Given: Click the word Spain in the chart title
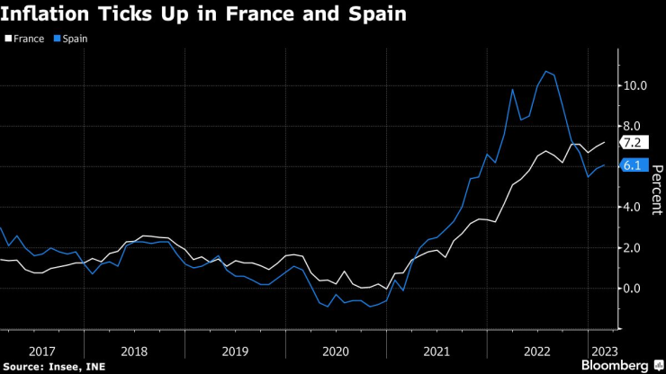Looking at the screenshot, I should (371, 14).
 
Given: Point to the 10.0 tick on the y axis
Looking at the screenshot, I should (636, 85).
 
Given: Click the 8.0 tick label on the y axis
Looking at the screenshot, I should (633, 126).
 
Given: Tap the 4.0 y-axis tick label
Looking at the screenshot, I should (633, 207).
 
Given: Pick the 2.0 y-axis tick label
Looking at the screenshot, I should (633, 248).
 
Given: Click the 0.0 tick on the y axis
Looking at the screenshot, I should (633, 289).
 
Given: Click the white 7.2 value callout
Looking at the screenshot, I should (632, 143).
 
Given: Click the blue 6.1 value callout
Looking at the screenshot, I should (632, 165).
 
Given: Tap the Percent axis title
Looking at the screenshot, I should (656, 189).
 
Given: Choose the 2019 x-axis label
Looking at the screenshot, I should (234, 350).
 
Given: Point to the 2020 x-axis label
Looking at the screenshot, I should (335, 350).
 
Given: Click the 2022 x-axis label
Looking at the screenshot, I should (536, 350).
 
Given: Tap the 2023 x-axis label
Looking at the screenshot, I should (602, 350).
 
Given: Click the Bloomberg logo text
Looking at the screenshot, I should (616, 365).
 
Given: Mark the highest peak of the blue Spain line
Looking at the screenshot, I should (545, 71).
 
